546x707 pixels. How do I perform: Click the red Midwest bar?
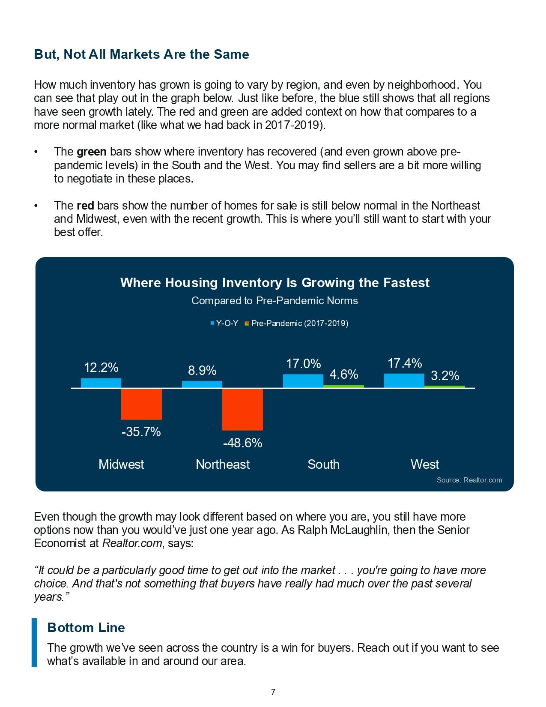(141, 404)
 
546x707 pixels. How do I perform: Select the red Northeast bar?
(242, 409)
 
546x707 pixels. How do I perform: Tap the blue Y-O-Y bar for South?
(303, 380)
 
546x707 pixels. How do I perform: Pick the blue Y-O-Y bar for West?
(404, 380)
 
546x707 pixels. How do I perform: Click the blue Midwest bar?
(101, 383)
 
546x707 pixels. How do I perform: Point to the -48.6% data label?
(242, 443)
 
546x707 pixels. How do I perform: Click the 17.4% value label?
(405, 363)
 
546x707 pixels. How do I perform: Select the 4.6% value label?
(343, 374)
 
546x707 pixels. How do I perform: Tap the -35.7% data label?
(141, 431)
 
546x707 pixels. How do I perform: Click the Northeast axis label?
(223, 464)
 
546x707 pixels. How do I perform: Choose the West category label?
(425, 464)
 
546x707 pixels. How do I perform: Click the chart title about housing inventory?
(274, 283)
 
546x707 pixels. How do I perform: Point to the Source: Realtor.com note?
(469, 480)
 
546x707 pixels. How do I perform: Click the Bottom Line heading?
(86, 627)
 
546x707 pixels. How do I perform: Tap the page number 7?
(273, 692)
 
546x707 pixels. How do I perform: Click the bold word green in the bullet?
(92, 152)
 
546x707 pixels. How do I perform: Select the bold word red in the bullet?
(85, 205)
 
